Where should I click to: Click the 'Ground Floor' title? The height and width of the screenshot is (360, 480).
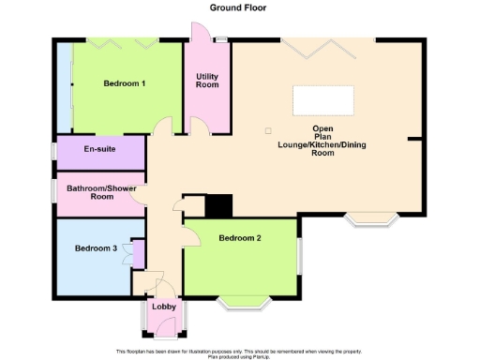(x=239, y=7)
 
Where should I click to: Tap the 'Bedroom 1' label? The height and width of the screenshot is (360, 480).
(x=124, y=84)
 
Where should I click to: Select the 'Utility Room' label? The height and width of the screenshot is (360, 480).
(x=206, y=81)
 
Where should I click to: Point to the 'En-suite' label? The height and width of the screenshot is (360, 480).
(x=99, y=149)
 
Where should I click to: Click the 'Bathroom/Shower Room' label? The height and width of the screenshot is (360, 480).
(x=98, y=191)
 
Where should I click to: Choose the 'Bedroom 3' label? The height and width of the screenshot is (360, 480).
(x=96, y=248)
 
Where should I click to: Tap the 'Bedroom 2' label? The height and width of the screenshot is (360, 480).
(x=239, y=238)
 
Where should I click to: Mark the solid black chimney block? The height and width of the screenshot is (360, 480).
(x=218, y=205)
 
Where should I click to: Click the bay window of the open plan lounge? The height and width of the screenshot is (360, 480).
(x=372, y=221)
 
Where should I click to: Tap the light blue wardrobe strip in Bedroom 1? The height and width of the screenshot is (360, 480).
(x=63, y=88)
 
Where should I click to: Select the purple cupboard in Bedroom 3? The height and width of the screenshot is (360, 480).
(x=139, y=254)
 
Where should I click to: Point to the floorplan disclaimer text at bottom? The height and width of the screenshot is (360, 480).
(x=240, y=352)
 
